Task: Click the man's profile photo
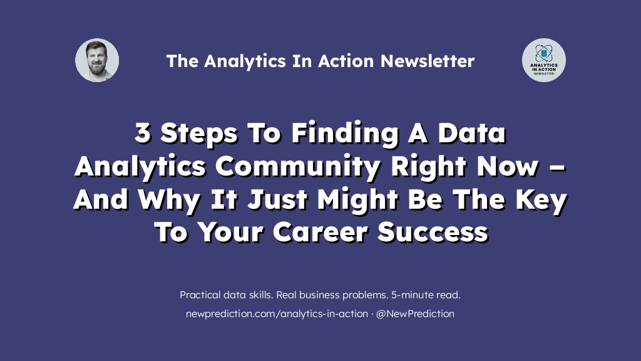(97, 60)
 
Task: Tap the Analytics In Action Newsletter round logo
(544, 60)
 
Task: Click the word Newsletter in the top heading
(428, 61)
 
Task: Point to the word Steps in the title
(199, 134)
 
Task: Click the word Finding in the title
(345, 134)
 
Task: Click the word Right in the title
(429, 167)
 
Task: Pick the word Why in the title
(169, 200)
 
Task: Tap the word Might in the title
(357, 200)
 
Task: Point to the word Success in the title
(433, 232)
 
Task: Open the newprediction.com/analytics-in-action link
(277, 314)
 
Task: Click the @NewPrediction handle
(415, 314)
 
